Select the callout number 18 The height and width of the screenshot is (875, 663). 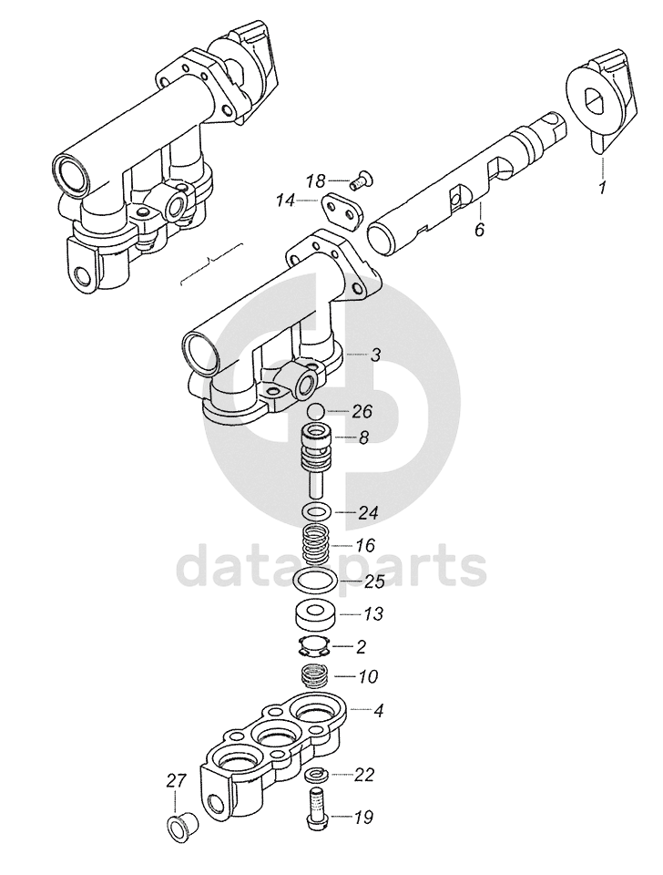pos(315,181)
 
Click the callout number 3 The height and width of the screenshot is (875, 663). pos(375,355)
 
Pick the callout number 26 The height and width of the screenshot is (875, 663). pos(362,411)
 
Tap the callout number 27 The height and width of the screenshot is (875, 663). pos(176,780)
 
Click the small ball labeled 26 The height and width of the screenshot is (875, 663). pos(316,412)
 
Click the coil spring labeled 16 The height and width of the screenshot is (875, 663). pos(316,546)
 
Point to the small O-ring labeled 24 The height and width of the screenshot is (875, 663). pos(316,510)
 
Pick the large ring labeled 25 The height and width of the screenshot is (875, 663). pos(315,581)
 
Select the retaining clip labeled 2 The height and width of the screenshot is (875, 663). pos(315,646)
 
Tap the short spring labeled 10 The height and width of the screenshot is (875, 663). pos(315,677)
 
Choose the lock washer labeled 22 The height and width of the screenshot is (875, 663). pos(315,774)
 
